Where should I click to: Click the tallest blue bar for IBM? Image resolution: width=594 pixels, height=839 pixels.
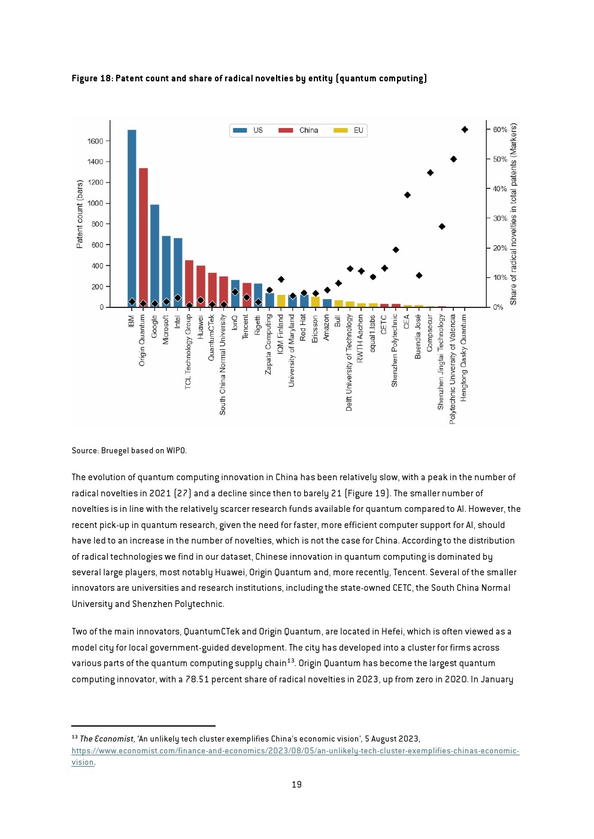(x=132, y=218)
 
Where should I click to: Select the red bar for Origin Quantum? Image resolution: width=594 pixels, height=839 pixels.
(x=143, y=238)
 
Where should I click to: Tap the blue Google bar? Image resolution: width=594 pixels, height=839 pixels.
(x=154, y=256)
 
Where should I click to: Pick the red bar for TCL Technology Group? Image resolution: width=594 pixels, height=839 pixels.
(x=189, y=284)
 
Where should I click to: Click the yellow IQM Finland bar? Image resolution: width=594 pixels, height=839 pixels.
(x=281, y=301)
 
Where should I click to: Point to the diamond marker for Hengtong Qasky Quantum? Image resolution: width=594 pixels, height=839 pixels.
(x=465, y=130)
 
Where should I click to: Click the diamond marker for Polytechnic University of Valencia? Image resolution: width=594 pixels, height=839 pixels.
(x=453, y=159)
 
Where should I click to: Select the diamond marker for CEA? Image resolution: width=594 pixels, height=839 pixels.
(x=407, y=195)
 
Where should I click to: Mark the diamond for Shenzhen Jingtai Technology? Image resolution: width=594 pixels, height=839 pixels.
(x=442, y=226)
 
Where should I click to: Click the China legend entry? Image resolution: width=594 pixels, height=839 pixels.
(x=299, y=130)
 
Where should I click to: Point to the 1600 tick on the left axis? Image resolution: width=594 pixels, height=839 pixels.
(x=95, y=141)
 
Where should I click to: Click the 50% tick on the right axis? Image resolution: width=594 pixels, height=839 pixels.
(x=500, y=159)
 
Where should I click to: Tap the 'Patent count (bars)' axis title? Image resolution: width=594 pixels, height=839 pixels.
(x=80, y=214)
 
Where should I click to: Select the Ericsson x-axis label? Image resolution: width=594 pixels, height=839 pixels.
(x=315, y=329)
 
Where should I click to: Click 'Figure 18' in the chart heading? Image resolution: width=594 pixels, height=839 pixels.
(x=92, y=78)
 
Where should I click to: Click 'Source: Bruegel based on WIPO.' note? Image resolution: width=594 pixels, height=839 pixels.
(x=129, y=450)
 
